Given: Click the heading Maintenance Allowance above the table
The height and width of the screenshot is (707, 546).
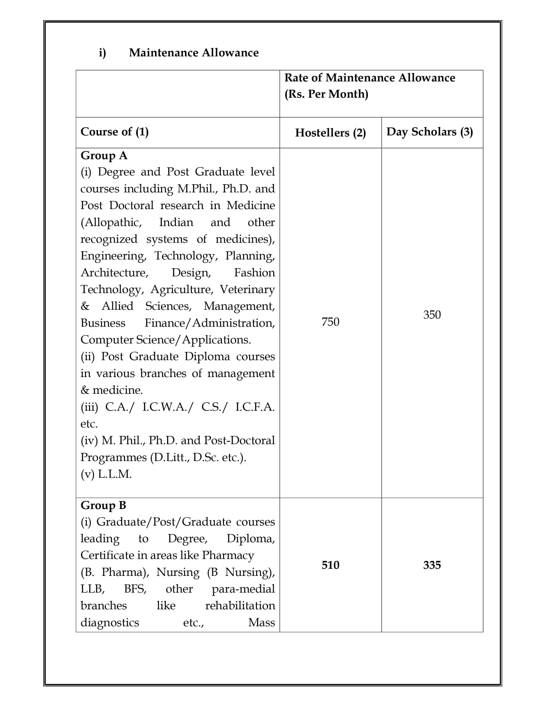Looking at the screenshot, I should (194, 53).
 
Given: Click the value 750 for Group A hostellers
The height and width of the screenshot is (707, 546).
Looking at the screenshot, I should (330, 322).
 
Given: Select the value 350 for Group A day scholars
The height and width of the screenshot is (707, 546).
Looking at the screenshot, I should (432, 315).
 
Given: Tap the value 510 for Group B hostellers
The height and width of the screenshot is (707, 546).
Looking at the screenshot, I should (330, 565).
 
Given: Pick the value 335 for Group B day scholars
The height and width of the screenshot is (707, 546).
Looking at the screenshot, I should (432, 565).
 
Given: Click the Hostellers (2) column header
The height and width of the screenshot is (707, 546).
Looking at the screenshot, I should (330, 133).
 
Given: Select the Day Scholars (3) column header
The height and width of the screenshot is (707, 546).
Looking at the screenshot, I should (430, 132).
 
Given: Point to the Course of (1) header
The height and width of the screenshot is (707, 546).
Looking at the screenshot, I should (114, 132).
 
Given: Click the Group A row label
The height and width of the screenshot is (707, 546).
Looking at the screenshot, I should (104, 156).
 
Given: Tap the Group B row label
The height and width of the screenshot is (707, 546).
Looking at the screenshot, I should (103, 506).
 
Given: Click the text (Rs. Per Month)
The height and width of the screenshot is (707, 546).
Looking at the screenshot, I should (326, 94).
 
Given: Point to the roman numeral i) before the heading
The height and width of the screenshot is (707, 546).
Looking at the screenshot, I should (102, 53).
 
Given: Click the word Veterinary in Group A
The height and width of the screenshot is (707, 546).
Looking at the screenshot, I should (247, 290).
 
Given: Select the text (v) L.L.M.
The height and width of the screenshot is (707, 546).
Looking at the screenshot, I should (106, 474).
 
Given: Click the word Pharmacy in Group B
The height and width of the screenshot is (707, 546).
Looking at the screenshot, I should (228, 555).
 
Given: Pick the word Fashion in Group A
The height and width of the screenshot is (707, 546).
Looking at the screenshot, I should (254, 273).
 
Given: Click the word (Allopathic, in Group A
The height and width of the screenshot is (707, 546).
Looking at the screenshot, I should (111, 222).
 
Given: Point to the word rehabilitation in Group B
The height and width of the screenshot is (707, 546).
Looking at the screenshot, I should (240, 606).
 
